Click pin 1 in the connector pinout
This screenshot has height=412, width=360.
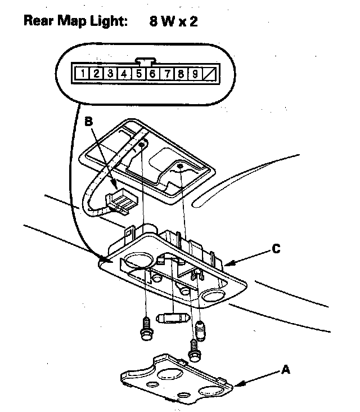83,73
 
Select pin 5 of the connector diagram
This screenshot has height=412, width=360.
138,73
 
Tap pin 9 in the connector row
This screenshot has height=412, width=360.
193,73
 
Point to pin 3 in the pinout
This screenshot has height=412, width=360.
110,73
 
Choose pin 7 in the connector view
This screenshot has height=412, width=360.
166,73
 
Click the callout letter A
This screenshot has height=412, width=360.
285,370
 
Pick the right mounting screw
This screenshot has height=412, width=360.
195,350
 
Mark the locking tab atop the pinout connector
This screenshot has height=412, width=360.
145,60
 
